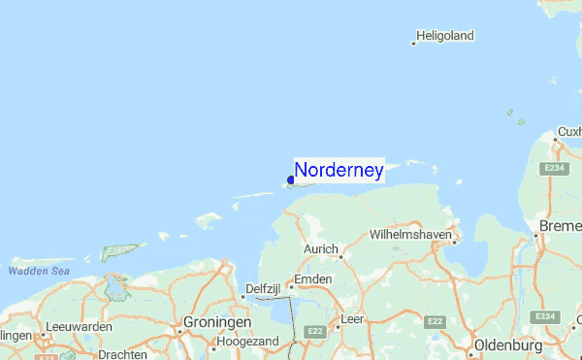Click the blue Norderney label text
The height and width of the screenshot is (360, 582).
click(339, 171)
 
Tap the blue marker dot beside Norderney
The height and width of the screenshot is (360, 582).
click(291, 180)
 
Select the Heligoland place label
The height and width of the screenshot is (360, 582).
click(445, 36)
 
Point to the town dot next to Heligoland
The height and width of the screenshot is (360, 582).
click(414, 43)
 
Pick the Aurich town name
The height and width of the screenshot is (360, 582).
click(320, 249)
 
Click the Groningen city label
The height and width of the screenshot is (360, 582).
click(215, 322)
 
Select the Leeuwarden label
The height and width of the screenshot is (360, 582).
click(81, 327)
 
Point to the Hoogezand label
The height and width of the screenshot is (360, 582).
click(250, 343)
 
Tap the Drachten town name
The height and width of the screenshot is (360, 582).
click(122, 354)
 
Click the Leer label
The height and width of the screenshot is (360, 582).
click(352, 318)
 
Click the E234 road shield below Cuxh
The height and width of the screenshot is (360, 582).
click(555, 168)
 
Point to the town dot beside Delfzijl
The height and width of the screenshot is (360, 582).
click(242, 297)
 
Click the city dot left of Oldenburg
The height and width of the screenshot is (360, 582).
click(468, 347)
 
